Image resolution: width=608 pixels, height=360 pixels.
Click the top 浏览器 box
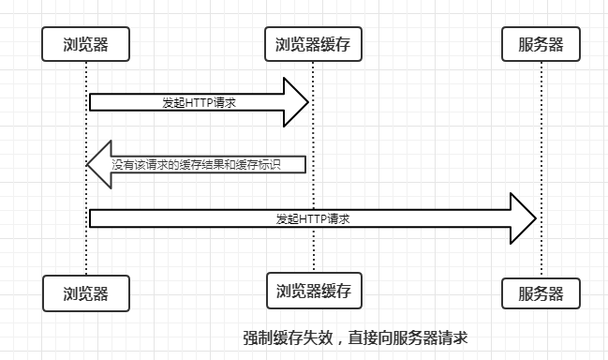85,43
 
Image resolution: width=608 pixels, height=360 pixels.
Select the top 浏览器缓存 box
313,43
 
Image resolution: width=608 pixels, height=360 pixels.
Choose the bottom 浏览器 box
85,293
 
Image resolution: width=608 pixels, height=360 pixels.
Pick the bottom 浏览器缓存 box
313,291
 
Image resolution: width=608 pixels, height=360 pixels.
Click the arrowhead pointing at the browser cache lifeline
297,101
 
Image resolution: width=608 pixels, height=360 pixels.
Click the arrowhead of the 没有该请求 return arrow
99,164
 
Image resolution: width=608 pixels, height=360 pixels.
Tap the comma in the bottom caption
331,340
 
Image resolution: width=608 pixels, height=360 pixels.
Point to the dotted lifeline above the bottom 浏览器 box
85,253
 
